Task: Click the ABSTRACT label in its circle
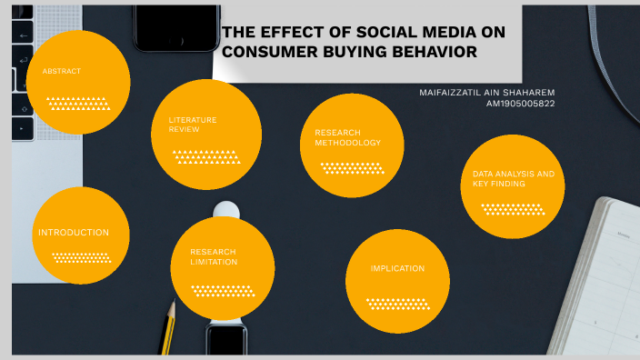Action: pyautogui.click(x=62, y=71)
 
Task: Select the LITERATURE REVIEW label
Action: pyautogui.click(x=192, y=125)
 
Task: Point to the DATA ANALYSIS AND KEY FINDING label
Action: pyautogui.click(x=513, y=178)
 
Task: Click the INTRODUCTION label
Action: pyautogui.click(x=74, y=233)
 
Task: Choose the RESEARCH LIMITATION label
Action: pyautogui.click(x=214, y=256)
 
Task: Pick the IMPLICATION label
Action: pyautogui.click(x=397, y=268)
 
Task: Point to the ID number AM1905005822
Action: pyautogui.click(x=521, y=104)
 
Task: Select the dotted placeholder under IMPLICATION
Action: pyautogui.click(x=397, y=303)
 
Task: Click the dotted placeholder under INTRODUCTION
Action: pyautogui.click(x=82, y=257)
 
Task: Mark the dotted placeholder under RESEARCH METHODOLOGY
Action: pyautogui.click(x=352, y=167)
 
